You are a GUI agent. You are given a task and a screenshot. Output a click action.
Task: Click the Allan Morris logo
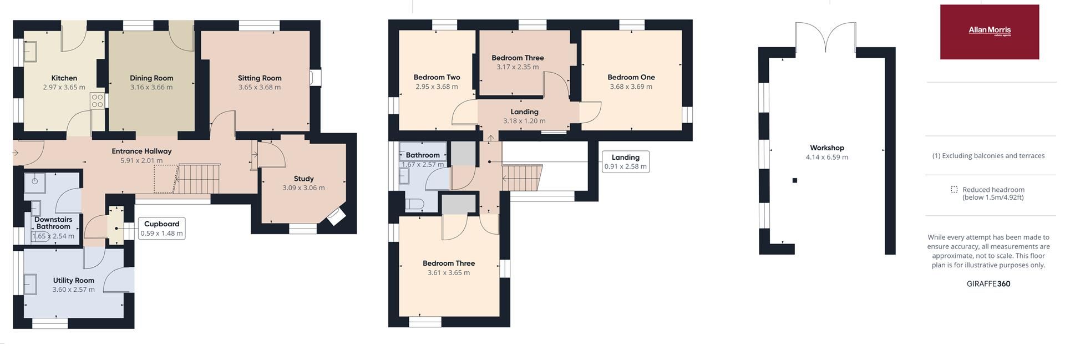(x=989, y=32)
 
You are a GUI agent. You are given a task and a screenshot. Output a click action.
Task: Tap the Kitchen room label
(x=64, y=78)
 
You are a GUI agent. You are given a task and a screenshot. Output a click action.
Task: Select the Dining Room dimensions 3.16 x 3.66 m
(x=151, y=87)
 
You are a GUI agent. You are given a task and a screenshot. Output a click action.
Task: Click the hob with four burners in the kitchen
(x=97, y=100)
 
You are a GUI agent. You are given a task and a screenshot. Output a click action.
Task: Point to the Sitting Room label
(x=260, y=78)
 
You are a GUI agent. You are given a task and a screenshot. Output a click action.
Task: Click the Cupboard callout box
(x=161, y=229)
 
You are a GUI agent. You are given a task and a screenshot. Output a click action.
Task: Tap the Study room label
(x=303, y=179)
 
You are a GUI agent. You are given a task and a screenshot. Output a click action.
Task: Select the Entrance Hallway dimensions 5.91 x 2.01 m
(x=141, y=160)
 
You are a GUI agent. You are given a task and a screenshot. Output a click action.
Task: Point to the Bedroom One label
(x=631, y=77)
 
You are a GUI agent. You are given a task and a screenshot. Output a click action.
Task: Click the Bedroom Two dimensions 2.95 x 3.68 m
(x=437, y=87)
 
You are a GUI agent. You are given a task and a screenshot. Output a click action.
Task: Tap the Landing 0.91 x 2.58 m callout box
(x=625, y=161)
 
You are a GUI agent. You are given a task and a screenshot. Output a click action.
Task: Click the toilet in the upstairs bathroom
(x=414, y=205)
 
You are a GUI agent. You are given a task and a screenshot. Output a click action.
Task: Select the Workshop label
(x=826, y=148)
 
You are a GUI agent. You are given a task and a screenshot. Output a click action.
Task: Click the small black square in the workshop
(x=794, y=180)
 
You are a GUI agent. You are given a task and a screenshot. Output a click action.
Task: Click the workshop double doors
(x=825, y=37)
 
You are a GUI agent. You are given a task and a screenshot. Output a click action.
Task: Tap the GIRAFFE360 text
(x=988, y=284)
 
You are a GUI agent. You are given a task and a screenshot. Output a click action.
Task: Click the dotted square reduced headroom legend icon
(x=954, y=190)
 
